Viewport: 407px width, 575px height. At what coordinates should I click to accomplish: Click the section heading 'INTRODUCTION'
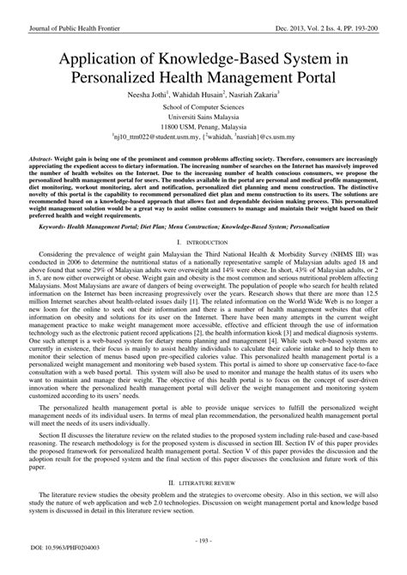click(x=207, y=241)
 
